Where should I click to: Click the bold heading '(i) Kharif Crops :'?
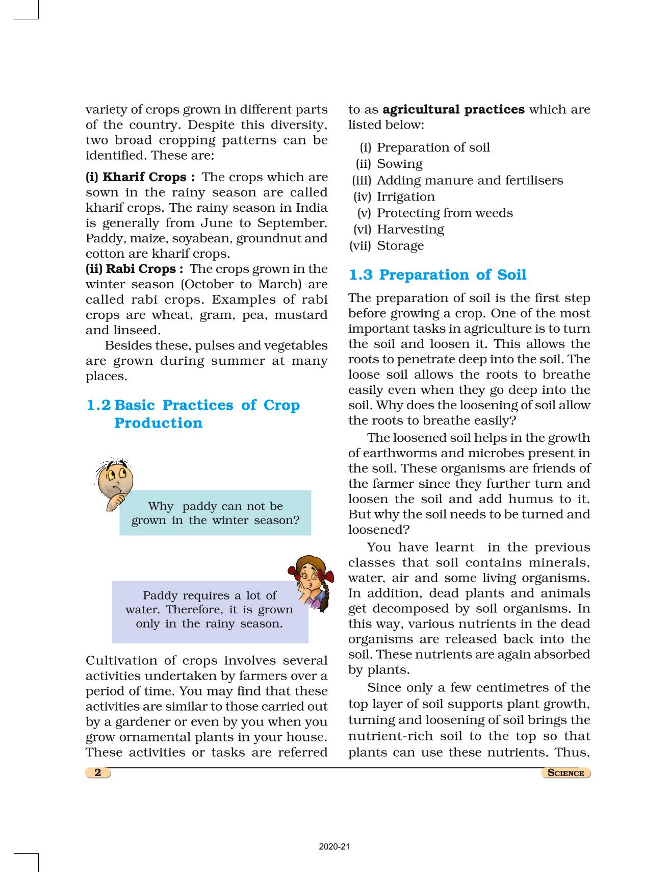tap(140, 177)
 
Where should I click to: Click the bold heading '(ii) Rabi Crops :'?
tap(134, 269)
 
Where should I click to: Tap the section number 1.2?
tap(98, 405)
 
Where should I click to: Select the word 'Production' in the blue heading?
tap(158, 423)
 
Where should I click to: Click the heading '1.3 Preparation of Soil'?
tap(437, 275)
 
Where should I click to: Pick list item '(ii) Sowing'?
tap(389, 164)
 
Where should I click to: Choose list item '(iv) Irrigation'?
tap(394, 196)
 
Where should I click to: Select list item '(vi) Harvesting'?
tap(399, 229)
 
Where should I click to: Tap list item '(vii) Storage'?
tap(387, 245)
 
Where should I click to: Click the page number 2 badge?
tap(98, 772)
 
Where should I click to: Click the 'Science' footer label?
tap(565, 773)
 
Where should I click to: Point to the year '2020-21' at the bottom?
tap(334, 847)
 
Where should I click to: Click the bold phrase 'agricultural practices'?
tap(453, 110)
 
